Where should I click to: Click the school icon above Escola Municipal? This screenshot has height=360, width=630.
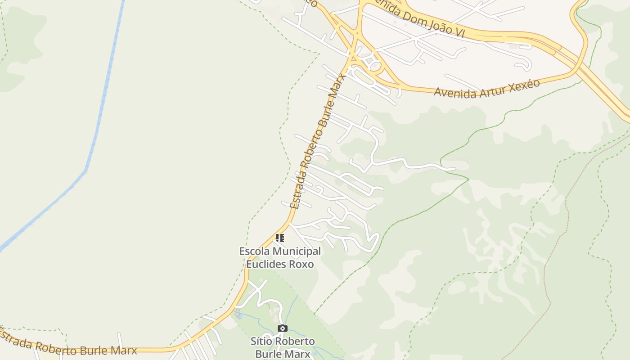coord(280,238)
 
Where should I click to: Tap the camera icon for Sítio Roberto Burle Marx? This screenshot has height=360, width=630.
coord(282,328)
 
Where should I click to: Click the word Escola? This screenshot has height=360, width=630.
coord(255,251)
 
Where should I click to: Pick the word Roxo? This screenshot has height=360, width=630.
coord(303,264)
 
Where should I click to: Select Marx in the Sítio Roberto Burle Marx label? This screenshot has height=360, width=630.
coord(298,354)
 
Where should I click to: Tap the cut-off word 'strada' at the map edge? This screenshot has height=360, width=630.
coord(16,341)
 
